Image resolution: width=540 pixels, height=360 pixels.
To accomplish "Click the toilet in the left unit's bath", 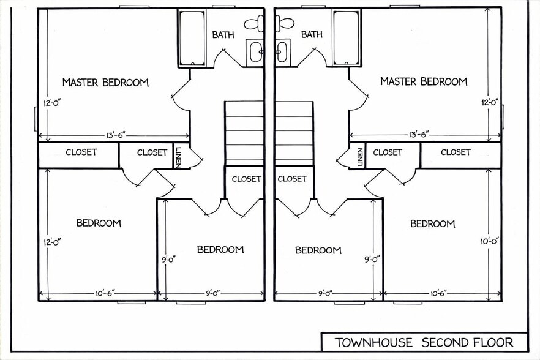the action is (254, 24).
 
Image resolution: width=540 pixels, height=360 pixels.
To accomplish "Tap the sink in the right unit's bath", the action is (282, 51).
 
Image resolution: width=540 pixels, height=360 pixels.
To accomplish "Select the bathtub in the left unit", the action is (192, 37).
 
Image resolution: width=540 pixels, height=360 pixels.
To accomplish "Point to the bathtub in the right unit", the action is (347, 37).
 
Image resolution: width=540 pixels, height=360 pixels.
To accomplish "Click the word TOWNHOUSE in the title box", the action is (373, 342).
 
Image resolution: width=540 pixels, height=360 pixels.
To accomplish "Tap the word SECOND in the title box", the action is (444, 342).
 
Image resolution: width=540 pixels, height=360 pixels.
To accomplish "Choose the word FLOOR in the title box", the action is (493, 342).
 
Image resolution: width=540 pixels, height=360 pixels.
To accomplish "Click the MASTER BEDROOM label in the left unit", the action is (105, 83).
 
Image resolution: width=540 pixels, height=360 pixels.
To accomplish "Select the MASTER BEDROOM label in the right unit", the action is (424, 81).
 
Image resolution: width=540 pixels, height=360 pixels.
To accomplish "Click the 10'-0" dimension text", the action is (490, 241).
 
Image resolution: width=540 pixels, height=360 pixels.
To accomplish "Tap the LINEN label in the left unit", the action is (178, 157).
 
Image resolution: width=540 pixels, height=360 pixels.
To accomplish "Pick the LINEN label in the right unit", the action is (360, 157).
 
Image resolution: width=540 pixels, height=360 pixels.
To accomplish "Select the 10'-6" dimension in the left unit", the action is (105, 293).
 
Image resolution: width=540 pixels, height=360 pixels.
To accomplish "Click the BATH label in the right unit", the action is (312, 34).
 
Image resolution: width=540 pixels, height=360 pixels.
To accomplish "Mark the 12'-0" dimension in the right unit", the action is (490, 102).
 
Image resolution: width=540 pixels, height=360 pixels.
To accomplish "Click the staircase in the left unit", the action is (244, 133).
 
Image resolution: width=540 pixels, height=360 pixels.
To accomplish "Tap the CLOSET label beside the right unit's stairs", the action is (291, 179).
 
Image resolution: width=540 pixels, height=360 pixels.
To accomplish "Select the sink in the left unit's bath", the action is (255, 51).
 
